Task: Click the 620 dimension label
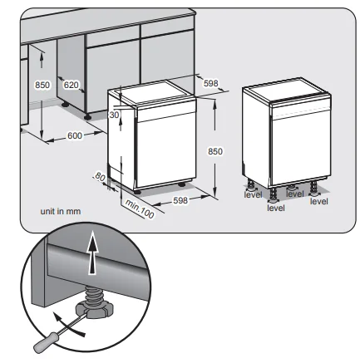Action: coord(72,85)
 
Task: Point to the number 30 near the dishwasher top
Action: coord(115,115)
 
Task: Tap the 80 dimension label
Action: coord(101,176)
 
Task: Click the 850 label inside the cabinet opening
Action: coord(42,85)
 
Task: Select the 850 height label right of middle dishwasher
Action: coord(215,152)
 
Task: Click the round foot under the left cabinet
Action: coord(64,105)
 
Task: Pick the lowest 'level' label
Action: coord(276,208)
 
